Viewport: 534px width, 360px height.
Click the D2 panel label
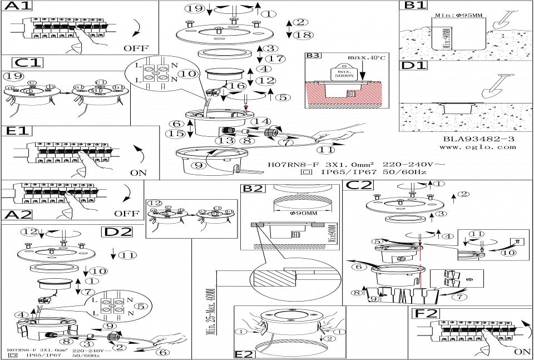(x=116, y=232)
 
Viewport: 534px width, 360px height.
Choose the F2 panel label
(x=426, y=313)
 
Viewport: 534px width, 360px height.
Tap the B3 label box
(x=313, y=56)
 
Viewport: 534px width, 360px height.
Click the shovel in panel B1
(x=502, y=19)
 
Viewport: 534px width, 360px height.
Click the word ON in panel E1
(x=139, y=172)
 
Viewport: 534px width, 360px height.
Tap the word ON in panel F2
(x=522, y=352)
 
